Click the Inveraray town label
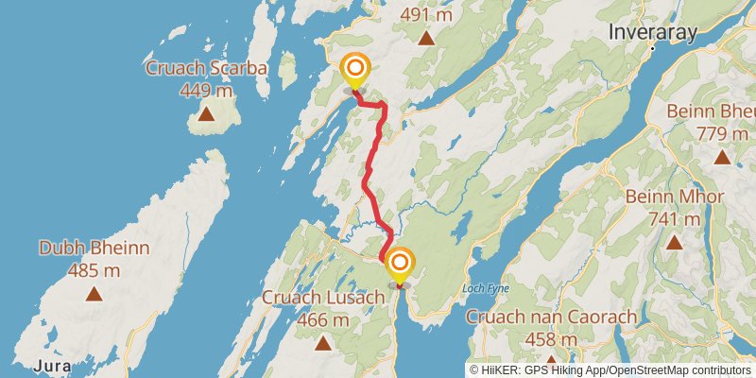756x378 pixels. (x=653, y=32)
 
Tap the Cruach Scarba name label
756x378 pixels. (x=206, y=68)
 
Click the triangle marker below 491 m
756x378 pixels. (x=427, y=39)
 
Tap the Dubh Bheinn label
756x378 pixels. (x=94, y=248)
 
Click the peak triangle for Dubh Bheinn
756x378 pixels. (x=94, y=294)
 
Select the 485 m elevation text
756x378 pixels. (x=94, y=270)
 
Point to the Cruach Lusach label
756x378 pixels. (x=323, y=298)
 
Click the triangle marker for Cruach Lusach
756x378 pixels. (x=323, y=344)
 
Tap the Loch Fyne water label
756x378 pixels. (x=487, y=287)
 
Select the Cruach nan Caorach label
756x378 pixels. (x=552, y=318)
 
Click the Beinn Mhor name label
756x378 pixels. (x=675, y=197)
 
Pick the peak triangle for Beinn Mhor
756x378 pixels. (x=675, y=242)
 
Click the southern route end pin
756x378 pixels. (x=399, y=265)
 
